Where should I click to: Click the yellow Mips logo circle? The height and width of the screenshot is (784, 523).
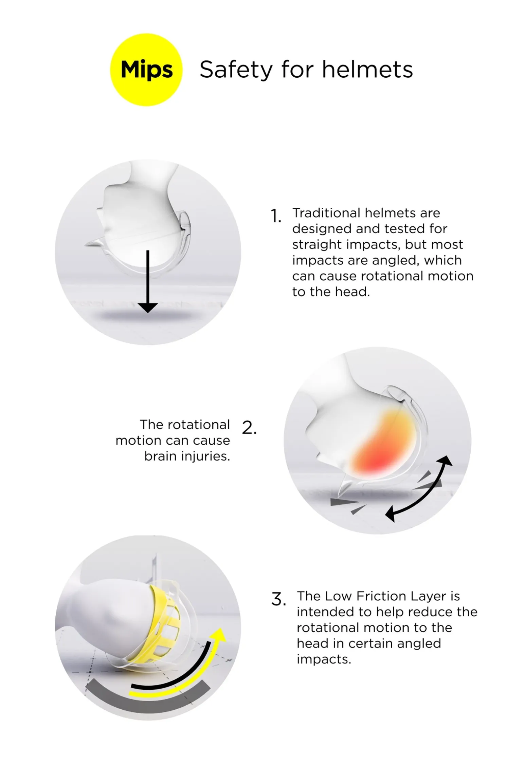click(146, 70)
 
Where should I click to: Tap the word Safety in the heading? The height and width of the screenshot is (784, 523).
click(236, 70)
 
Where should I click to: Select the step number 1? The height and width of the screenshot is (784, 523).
click(276, 216)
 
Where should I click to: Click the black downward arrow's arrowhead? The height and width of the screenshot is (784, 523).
click(148, 308)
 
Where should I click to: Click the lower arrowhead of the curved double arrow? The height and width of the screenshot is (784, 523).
click(391, 515)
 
